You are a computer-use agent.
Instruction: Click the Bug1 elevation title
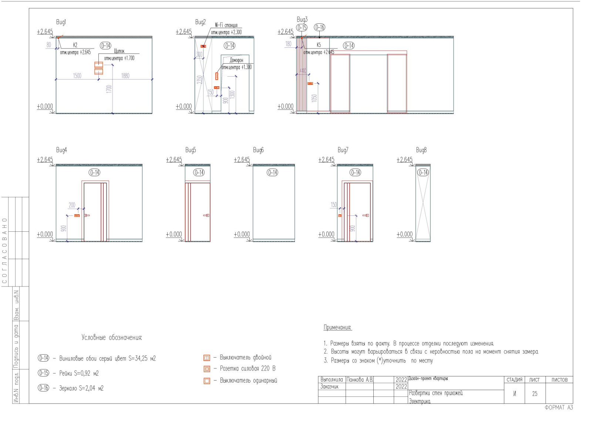coord(61,22)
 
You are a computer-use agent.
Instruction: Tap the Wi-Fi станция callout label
coord(226,25)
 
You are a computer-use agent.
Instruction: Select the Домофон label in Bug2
coord(236,60)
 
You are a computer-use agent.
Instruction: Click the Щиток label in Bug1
coord(119,51)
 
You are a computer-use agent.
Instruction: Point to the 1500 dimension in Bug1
coord(77,76)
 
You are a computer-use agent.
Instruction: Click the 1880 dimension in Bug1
coord(125,76)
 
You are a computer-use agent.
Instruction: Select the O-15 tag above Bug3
coord(302,27)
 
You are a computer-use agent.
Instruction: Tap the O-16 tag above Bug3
coord(319,27)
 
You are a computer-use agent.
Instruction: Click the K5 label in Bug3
coord(319,45)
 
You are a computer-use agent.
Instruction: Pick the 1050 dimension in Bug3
coord(314,98)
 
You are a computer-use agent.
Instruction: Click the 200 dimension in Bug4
coord(72,205)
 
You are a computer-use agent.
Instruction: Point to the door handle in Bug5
coord(206,215)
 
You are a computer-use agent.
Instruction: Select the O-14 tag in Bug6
coord(272,173)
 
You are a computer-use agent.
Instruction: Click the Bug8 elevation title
coord(421,150)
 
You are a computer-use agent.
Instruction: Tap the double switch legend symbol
coord(207,358)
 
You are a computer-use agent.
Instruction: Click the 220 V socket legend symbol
coord(207,369)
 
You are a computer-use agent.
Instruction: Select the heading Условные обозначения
coord(112,338)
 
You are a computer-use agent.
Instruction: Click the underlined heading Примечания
coord(337,328)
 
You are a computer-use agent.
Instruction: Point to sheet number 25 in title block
coord(535,394)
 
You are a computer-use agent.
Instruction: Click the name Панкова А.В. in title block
coord(360,380)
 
